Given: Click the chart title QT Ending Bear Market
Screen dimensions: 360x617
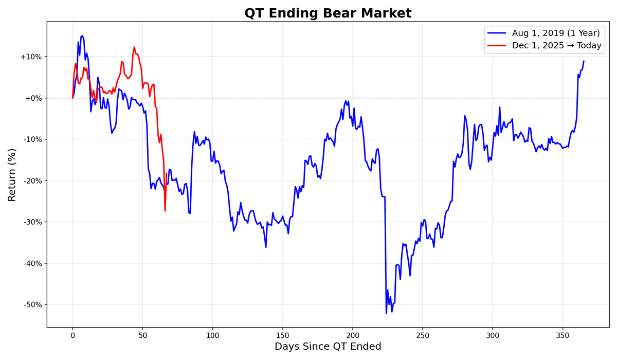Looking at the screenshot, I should click(x=328, y=13).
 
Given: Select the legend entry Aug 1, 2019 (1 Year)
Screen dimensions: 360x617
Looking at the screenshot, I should click(x=556, y=33).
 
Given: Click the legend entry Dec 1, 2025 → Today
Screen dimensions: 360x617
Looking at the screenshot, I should click(x=556, y=46).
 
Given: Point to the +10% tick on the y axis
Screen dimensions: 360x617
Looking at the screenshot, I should click(x=31, y=57).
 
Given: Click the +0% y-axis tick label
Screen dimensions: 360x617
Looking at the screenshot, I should click(x=33, y=98).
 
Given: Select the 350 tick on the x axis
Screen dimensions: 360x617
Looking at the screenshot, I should click(x=562, y=335).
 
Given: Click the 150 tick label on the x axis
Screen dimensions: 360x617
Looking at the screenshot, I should click(x=282, y=335).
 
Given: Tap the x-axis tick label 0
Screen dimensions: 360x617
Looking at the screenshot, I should click(x=72, y=335).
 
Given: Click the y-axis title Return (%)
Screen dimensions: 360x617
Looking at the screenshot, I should click(x=12, y=175).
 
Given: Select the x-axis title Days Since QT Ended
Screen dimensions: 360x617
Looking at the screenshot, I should click(x=328, y=347).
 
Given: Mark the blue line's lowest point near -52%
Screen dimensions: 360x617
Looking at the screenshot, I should click(x=386, y=313).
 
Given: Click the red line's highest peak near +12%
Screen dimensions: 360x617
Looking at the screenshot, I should click(x=134, y=47).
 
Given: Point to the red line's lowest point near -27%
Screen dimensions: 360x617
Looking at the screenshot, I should click(x=165, y=210).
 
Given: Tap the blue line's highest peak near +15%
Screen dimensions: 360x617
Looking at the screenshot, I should click(x=82, y=35).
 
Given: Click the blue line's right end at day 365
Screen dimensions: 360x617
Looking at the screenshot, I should click(x=584, y=61).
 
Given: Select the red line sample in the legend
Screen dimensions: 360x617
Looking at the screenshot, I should click(x=497, y=46).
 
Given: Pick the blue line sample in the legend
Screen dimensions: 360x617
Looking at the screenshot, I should click(x=497, y=33).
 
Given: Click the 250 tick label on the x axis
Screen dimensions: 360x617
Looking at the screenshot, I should click(x=423, y=335).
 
